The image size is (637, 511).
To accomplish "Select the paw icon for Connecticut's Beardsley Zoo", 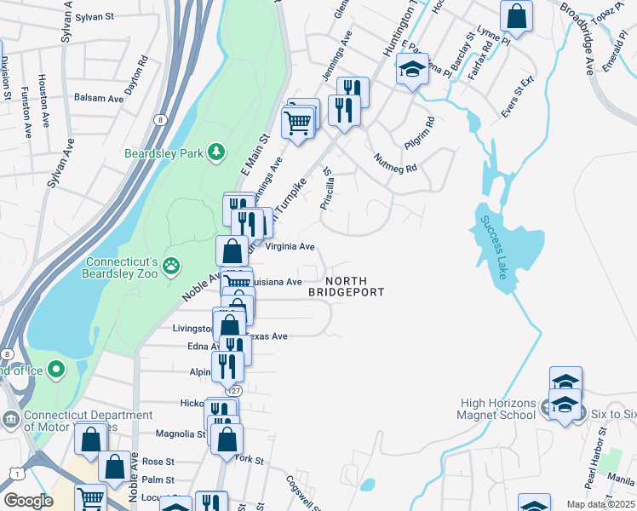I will [x=173, y=265].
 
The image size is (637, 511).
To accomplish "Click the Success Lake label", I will [x=494, y=247].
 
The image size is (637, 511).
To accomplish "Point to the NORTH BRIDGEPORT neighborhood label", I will [x=346, y=286].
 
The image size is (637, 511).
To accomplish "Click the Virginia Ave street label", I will [x=290, y=246].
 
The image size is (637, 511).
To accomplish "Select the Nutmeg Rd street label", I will [x=395, y=163].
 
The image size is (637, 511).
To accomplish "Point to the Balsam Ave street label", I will [x=100, y=98].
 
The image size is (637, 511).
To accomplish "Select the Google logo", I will [x=28, y=501].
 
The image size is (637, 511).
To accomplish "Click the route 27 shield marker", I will [x=235, y=390].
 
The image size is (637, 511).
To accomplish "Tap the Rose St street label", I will [x=158, y=461].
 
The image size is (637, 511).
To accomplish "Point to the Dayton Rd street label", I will [x=136, y=75].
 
